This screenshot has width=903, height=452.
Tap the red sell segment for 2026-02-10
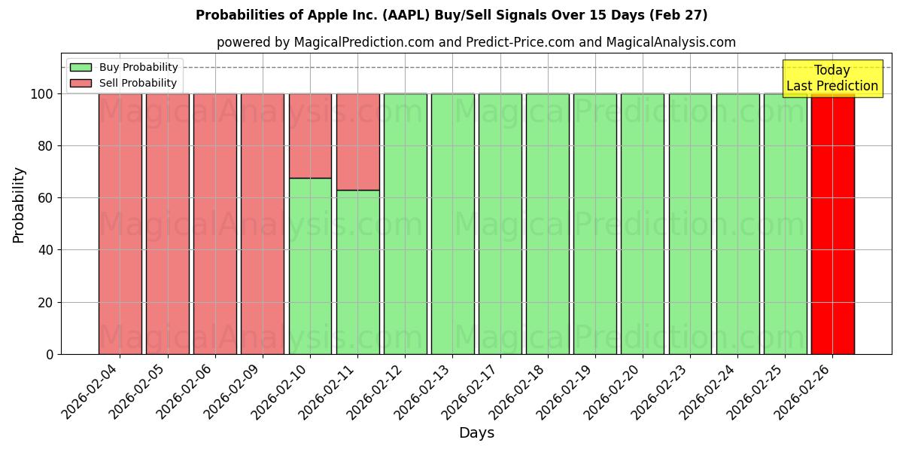click(x=310, y=136)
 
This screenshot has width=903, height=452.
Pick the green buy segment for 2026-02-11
click(x=357, y=272)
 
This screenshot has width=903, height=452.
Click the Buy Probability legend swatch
click(x=81, y=68)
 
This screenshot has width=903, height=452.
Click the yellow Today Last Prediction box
click(x=832, y=78)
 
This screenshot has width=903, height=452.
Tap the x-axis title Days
click(x=476, y=433)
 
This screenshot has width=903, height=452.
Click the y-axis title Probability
click(x=19, y=204)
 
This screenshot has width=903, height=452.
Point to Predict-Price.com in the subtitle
click(x=520, y=42)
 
